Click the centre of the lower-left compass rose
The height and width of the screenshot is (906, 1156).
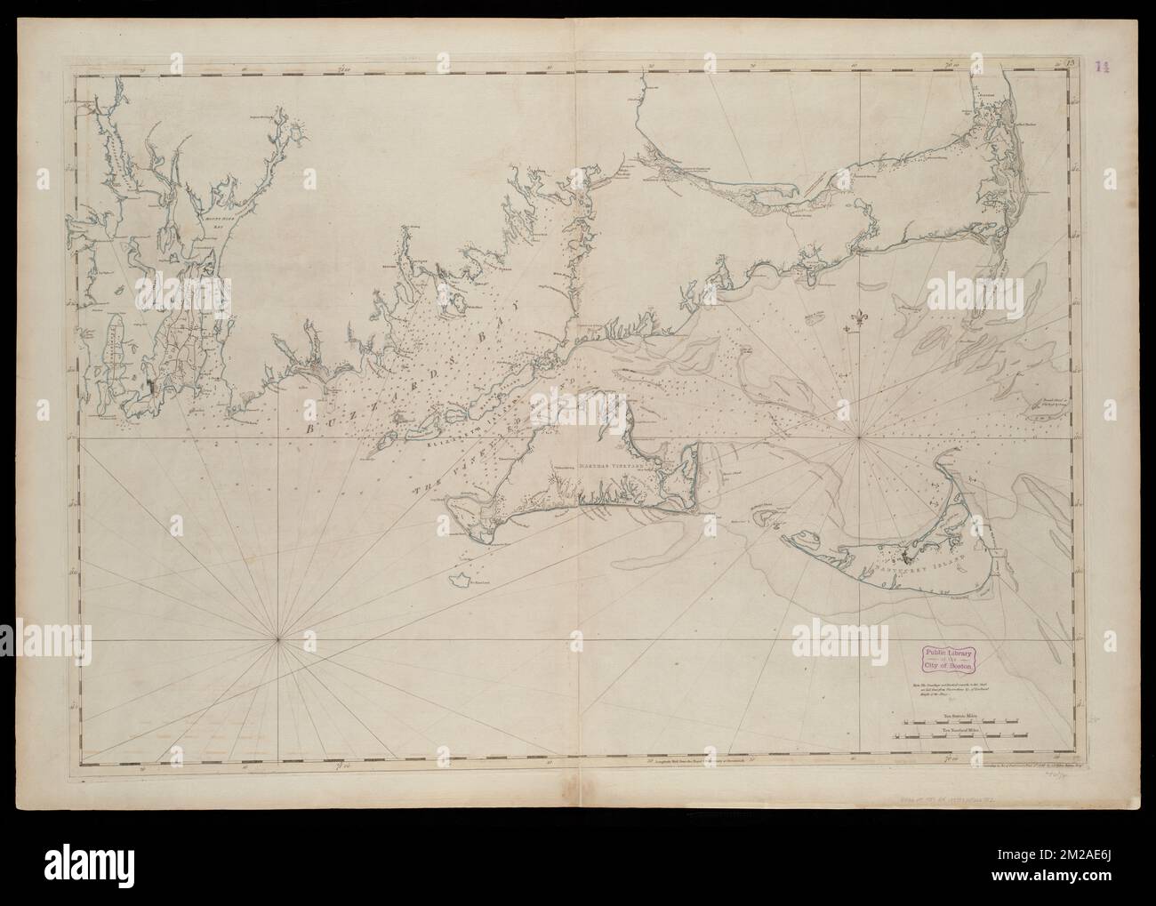(x=278, y=637)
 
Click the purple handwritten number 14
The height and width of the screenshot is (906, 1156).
(x=1103, y=66)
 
